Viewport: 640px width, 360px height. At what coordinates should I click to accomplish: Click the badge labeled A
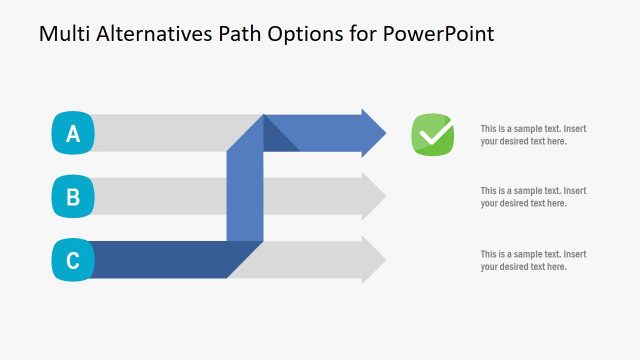[x=72, y=134]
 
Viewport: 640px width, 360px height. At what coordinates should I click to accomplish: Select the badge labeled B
[x=72, y=197]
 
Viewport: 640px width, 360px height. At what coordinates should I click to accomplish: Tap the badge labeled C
[x=72, y=261]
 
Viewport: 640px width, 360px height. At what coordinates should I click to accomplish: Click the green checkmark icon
[x=433, y=134]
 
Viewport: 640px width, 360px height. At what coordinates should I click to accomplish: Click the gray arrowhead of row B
[x=373, y=196]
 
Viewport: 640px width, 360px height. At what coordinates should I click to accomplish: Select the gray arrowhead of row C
[x=373, y=260]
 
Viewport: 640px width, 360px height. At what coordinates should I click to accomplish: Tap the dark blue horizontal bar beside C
[x=160, y=260]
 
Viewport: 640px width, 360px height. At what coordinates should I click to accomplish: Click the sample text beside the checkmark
[x=532, y=135]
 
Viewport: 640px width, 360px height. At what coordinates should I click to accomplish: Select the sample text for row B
[x=532, y=197]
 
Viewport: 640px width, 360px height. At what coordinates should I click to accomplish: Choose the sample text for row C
[x=532, y=260]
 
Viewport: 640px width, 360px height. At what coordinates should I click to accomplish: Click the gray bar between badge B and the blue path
[x=160, y=196]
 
